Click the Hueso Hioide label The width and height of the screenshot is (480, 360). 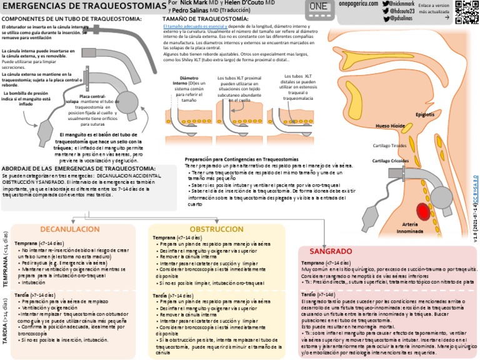click(x=390, y=126)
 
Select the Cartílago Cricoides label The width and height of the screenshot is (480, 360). click(x=391, y=161)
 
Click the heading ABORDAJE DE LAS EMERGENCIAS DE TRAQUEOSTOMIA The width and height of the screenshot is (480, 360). click(x=79, y=169)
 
